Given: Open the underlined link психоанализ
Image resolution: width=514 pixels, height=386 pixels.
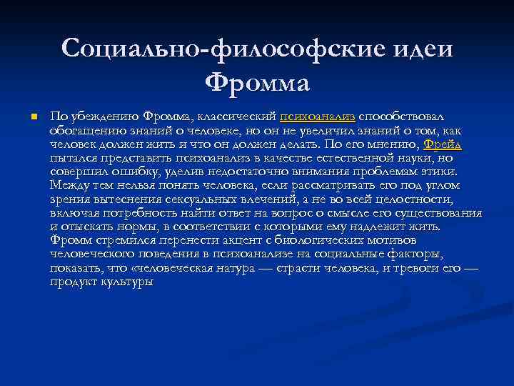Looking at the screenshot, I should pos(318,117).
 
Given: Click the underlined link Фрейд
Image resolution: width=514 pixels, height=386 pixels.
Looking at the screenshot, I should pos(443,144).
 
